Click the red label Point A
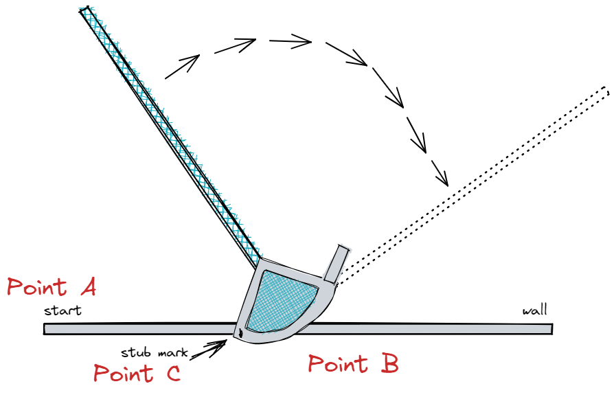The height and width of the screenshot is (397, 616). point(52,287)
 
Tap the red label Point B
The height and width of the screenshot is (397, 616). point(352,365)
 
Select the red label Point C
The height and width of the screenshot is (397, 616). point(137,374)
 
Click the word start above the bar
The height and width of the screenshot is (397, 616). point(62,310)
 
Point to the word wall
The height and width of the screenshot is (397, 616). point(535,310)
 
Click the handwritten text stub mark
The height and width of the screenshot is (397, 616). point(154,353)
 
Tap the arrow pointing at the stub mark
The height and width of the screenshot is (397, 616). point(210,348)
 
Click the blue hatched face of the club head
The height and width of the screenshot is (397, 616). point(282,300)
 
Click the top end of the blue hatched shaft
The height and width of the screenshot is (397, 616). point(86,12)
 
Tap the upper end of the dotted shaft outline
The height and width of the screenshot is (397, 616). point(604,91)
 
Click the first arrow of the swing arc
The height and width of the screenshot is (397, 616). point(182,67)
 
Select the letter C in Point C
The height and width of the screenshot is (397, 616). point(169,374)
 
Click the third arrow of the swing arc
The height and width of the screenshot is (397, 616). point(290,42)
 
